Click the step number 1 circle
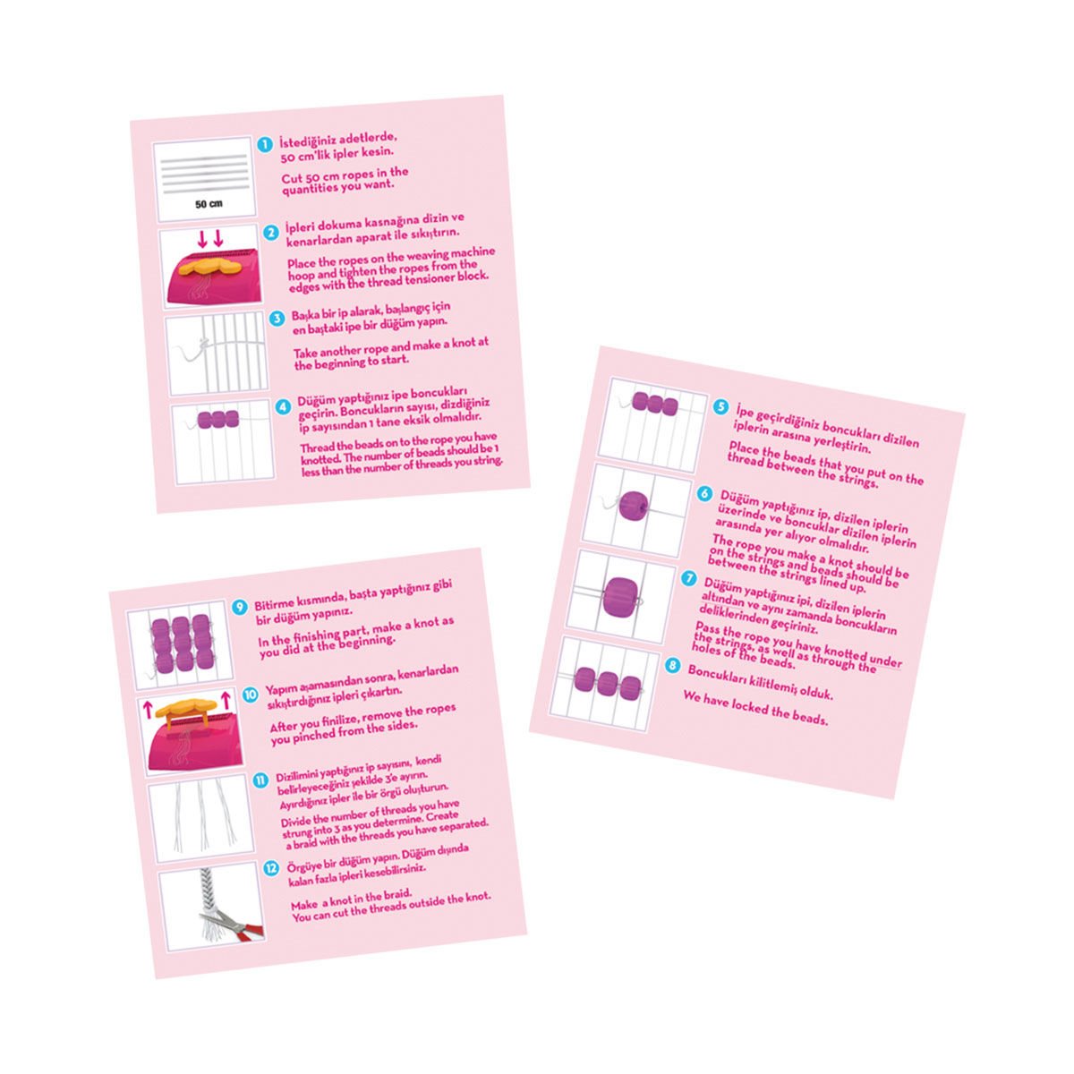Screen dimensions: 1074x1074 pyautogui.click(x=265, y=144)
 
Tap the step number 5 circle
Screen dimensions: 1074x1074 pyautogui.click(x=720, y=406)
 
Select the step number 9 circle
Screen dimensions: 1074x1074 pyautogui.click(x=240, y=607)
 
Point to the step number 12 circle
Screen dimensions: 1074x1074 pyautogui.click(x=271, y=868)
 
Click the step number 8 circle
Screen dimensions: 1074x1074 pyautogui.click(x=673, y=664)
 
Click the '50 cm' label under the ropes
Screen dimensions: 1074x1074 pyautogui.click(x=209, y=204)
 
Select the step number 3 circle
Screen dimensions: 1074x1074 pyautogui.click(x=277, y=319)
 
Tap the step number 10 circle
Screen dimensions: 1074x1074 pyautogui.click(x=251, y=694)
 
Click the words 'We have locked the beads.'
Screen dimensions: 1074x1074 pyautogui.click(x=755, y=708)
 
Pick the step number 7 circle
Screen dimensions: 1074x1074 pyautogui.click(x=689, y=578)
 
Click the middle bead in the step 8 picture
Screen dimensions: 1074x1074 pyautogui.click(x=607, y=683)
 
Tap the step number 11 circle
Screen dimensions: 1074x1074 pyautogui.click(x=260, y=780)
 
